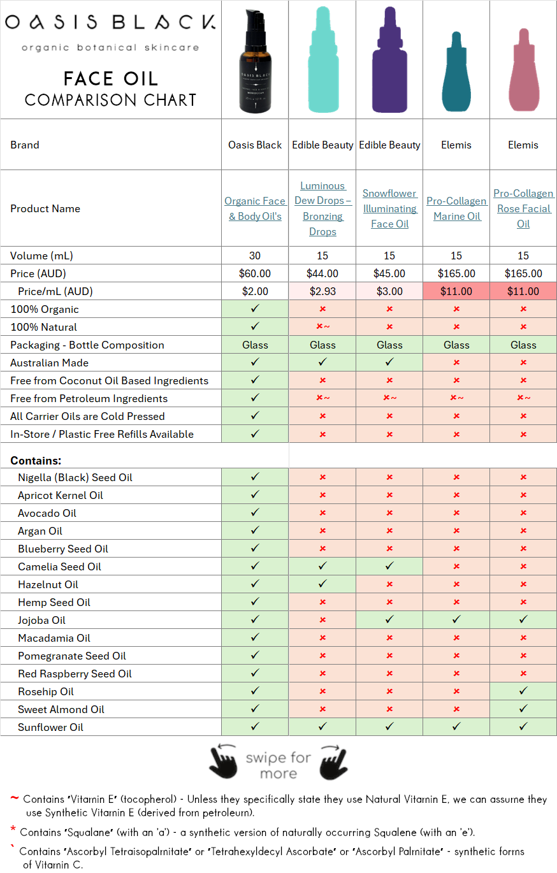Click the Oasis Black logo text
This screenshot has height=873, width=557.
pos(110,24)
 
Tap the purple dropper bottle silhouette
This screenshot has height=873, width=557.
pos(389,61)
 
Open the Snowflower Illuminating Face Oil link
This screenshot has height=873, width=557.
pos(389,208)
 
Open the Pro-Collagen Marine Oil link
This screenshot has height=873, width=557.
pos(456,208)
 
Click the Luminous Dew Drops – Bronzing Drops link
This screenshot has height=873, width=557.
pos(322,208)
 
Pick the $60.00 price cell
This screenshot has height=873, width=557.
pos(255,273)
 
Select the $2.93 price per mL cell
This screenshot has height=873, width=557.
pos(322,291)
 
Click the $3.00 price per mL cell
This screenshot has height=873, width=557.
pos(389,291)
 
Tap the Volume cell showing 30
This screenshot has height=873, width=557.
pos(255,256)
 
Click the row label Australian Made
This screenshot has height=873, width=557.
pos(50,363)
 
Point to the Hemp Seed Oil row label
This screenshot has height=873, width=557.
pos(54,602)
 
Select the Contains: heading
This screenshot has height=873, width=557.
pos(36,460)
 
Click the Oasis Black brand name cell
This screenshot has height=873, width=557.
pos(255,145)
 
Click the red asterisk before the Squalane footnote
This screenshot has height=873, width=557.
pos(13,830)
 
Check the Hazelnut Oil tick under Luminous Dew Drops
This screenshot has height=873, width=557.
pos(322,584)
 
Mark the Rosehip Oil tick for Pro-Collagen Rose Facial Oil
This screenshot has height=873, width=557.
pos(523,691)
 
